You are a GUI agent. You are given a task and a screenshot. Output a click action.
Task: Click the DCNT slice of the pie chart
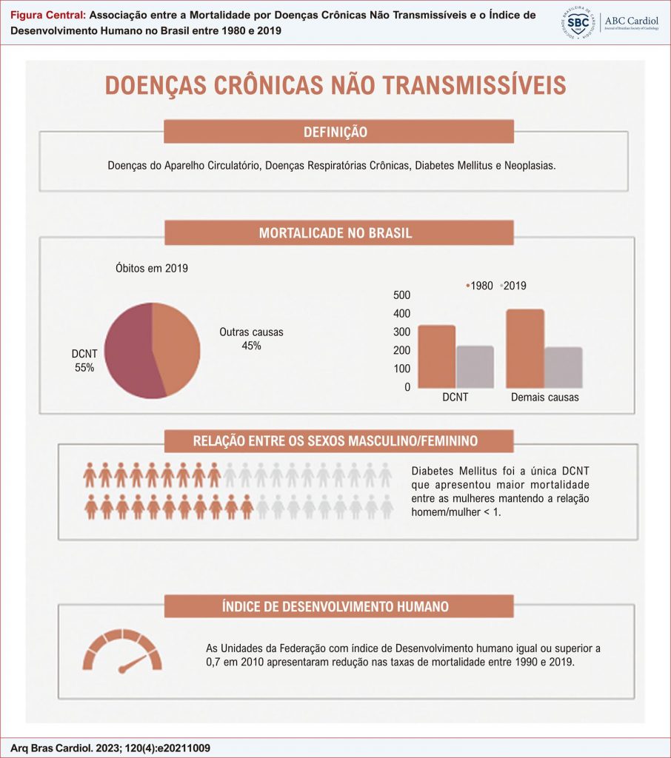(130, 352)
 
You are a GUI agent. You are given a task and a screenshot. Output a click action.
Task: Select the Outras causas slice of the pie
(178, 348)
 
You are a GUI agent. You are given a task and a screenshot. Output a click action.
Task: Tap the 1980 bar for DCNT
(436, 356)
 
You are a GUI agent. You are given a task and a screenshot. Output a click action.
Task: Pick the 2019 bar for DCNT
(475, 366)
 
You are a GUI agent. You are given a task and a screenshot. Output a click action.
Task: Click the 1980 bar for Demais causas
(525, 349)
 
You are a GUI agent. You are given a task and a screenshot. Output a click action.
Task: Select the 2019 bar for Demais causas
(564, 368)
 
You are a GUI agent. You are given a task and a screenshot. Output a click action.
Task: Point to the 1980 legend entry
(481, 286)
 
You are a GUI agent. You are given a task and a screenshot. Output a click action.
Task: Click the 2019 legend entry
(513, 286)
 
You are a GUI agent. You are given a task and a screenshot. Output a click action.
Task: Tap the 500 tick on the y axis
(401, 295)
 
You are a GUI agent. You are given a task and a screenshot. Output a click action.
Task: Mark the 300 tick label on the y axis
(401, 332)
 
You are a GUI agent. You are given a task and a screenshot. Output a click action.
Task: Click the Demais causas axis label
(545, 398)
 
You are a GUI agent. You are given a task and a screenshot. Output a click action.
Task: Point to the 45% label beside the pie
(251, 346)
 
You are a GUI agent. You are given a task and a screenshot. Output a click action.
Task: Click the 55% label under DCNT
(84, 367)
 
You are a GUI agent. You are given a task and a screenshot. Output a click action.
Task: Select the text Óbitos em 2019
(151, 269)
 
